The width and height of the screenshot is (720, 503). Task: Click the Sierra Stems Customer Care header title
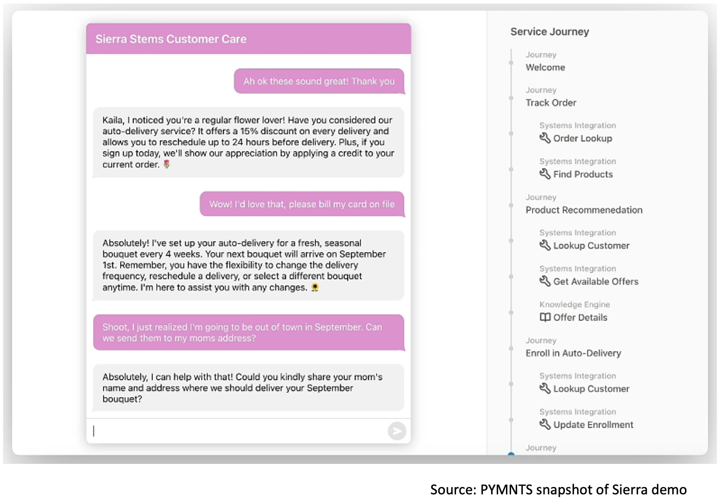click(171, 39)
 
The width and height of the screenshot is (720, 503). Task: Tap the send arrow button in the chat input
click(397, 431)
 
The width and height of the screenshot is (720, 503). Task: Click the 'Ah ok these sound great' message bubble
click(319, 81)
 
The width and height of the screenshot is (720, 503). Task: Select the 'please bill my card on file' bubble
click(302, 204)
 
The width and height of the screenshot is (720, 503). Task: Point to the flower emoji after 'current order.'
click(167, 165)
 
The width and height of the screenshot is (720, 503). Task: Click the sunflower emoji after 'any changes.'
click(315, 288)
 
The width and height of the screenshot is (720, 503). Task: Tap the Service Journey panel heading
click(550, 32)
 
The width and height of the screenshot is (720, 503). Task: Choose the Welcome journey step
click(545, 68)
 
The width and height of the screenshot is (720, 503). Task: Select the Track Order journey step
click(551, 103)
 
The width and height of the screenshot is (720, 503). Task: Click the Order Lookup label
click(582, 139)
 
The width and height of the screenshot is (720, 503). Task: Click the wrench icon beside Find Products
click(545, 174)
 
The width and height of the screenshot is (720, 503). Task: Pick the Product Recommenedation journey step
click(584, 210)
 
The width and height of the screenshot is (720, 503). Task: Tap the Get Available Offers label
click(595, 281)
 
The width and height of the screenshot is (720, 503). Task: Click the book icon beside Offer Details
click(545, 318)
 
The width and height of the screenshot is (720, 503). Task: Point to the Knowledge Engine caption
click(575, 304)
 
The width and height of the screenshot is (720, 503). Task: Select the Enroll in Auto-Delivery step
click(573, 353)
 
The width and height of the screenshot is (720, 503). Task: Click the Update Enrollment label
click(593, 425)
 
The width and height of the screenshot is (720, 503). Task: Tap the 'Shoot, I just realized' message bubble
click(249, 333)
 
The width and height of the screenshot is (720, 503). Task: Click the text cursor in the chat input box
click(94, 431)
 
